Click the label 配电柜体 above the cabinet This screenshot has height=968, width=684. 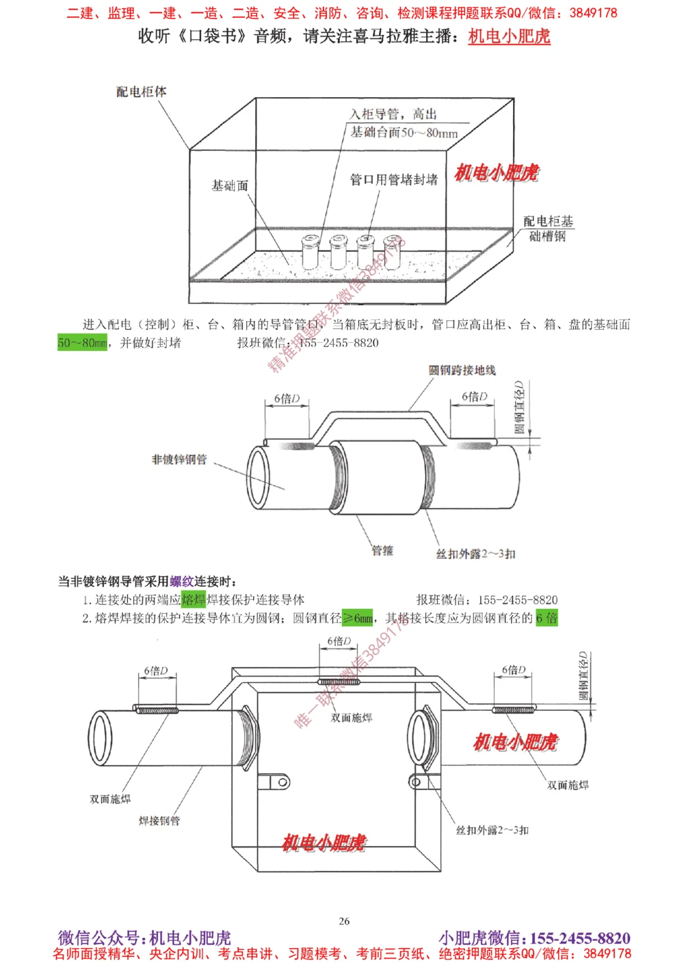141,92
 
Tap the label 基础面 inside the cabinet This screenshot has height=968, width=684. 229,185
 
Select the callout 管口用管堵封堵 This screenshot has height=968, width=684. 393,179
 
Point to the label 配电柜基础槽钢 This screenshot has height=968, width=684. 547,228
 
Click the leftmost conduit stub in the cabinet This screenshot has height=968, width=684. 311,252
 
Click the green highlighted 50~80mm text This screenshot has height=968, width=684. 82,343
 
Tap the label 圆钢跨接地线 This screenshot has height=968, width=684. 462,370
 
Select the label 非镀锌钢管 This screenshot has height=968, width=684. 179,459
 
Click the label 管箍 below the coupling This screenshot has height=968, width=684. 382,550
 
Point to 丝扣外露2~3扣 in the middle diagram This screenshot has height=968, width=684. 475,553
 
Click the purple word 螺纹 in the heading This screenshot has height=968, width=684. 181,581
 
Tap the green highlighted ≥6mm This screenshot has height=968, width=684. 358,618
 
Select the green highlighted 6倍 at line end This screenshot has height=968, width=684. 547,618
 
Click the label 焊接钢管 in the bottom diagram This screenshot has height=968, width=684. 159,820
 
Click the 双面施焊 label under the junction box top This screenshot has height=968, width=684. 352,718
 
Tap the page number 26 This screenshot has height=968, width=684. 344,921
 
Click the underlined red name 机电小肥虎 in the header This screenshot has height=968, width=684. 509,36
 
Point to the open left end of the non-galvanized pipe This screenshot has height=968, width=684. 259,477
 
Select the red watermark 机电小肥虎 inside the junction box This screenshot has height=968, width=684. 324,843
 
